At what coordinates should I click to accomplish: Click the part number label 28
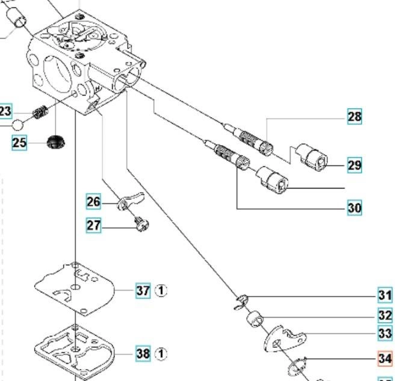(x=354, y=116)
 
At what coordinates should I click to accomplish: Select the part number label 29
(x=354, y=165)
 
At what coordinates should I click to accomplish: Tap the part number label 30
(x=354, y=208)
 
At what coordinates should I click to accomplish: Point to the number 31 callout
(x=385, y=296)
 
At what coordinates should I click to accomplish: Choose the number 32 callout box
(x=385, y=315)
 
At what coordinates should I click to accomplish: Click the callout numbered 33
(x=385, y=333)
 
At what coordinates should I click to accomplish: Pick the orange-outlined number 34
(x=385, y=359)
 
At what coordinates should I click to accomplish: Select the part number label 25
(x=19, y=143)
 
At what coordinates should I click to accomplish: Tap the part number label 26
(x=93, y=201)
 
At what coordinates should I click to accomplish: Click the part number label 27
(x=94, y=226)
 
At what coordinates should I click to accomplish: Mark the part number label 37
(x=143, y=291)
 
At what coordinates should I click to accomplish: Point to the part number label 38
(x=143, y=354)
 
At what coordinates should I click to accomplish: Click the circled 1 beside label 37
(x=161, y=291)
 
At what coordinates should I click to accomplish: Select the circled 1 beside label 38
(x=161, y=354)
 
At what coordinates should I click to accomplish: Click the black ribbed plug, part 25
(x=56, y=143)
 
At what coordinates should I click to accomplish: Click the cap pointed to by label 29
(x=314, y=157)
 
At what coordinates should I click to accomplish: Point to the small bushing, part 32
(x=255, y=317)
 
